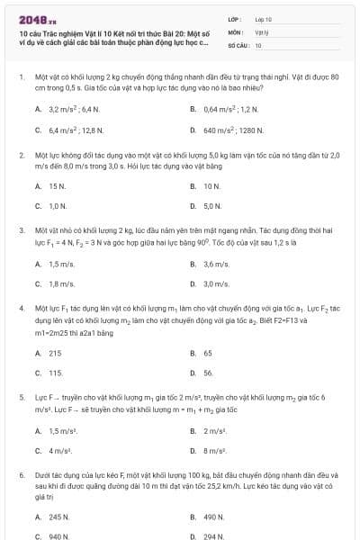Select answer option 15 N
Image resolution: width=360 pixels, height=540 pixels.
point(57,186)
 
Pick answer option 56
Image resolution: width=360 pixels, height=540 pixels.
point(208,373)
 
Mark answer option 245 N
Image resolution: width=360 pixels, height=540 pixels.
point(58,517)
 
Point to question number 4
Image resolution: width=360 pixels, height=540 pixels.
point(21,309)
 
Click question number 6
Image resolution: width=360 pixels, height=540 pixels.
point(21,474)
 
